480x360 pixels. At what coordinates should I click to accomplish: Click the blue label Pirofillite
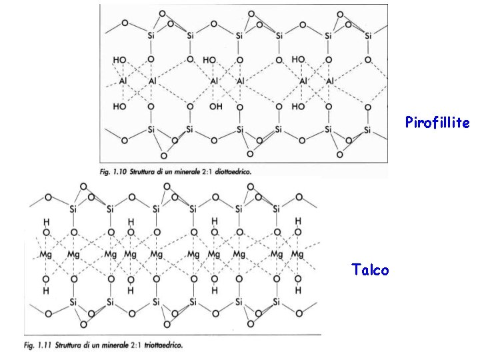click(x=437, y=122)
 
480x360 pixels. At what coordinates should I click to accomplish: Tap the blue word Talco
click(x=370, y=269)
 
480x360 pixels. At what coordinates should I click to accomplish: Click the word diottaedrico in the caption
click(x=233, y=172)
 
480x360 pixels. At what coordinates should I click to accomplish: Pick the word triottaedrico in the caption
click(x=163, y=345)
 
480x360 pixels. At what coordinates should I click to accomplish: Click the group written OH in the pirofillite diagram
click(x=216, y=107)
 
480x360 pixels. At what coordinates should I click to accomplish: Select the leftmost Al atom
click(x=123, y=81)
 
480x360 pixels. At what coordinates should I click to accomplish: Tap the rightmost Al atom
click(x=330, y=81)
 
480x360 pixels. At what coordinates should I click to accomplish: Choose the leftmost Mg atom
click(x=45, y=254)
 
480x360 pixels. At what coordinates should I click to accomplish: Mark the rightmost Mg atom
click(x=297, y=254)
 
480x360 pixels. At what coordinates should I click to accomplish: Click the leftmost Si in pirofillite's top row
click(x=151, y=36)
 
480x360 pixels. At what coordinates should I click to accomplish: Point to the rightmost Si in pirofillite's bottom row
click(x=367, y=130)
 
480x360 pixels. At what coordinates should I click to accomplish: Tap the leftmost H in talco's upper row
click(x=47, y=221)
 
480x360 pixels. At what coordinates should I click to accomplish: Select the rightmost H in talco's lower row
click(x=298, y=290)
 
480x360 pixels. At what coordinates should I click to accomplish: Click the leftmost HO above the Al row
click(x=119, y=60)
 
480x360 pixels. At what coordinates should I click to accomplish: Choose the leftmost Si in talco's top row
click(x=73, y=209)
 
